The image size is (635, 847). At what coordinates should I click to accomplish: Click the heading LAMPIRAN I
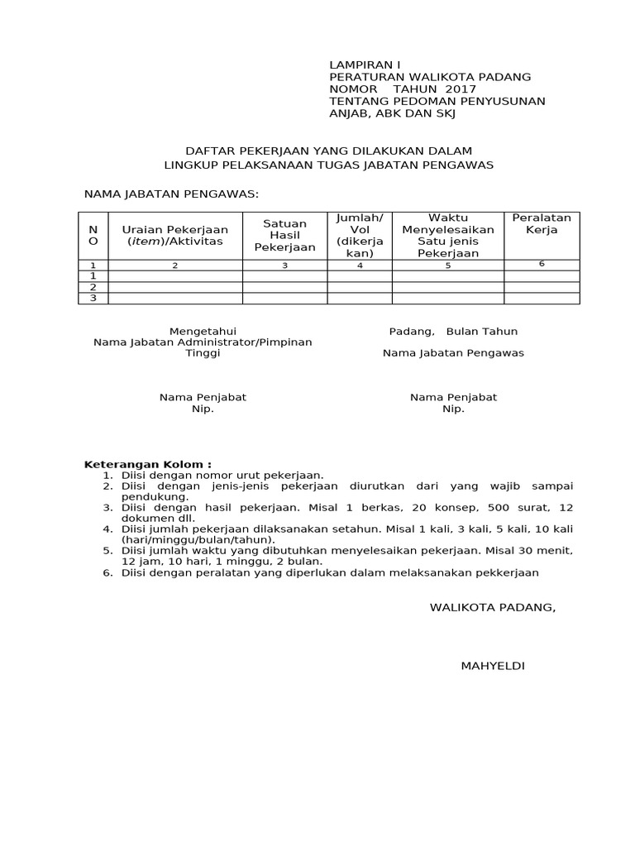point(364,65)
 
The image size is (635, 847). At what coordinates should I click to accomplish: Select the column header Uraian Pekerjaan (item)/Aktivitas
point(175,235)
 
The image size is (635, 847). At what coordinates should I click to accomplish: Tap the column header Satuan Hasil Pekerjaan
point(284,236)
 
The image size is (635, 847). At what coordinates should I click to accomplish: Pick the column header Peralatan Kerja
point(542,223)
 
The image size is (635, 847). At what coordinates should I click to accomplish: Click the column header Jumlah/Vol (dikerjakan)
point(359,235)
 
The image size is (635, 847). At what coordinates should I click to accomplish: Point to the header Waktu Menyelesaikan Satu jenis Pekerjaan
point(447,235)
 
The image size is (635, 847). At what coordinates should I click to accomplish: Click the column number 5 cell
point(447,266)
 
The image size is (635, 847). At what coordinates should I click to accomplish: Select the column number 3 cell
point(284,266)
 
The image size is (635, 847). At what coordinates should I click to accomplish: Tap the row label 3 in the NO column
point(93,298)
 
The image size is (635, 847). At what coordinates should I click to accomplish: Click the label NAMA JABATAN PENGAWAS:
point(172,194)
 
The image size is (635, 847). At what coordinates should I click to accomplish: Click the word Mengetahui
point(203,331)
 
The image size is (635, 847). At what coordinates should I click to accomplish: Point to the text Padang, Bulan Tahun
point(453,331)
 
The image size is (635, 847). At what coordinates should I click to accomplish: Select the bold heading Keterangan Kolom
point(148,465)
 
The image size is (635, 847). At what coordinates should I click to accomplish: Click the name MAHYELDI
point(492,666)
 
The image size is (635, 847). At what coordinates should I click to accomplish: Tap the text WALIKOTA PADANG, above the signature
point(492,607)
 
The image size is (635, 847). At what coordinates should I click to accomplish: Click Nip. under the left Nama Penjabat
point(203,409)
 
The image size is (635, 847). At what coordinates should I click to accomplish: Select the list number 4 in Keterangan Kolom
point(107,529)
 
